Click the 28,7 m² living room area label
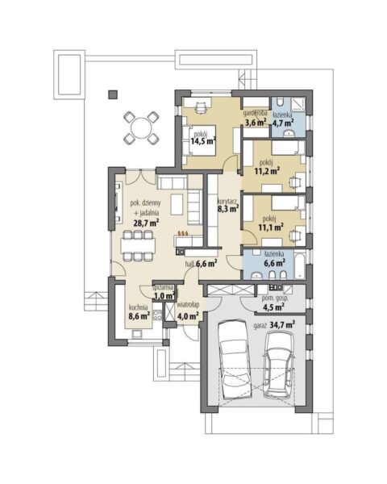click(x=146, y=223)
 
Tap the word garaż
click(x=260, y=325)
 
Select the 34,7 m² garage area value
click(x=282, y=325)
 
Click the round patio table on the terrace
click(x=141, y=128)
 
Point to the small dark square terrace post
click(x=113, y=94)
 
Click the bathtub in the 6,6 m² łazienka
click(x=299, y=265)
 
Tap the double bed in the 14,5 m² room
click(x=198, y=140)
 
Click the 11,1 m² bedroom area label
click(x=270, y=227)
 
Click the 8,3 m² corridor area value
click(x=228, y=209)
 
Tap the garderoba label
click(x=256, y=113)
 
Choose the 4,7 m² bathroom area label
click(x=282, y=123)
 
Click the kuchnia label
click(x=138, y=307)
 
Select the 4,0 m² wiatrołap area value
click(x=188, y=316)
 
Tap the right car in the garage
click(x=279, y=365)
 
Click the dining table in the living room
click(x=138, y=246)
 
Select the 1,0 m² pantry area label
click(x=164, y=295)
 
